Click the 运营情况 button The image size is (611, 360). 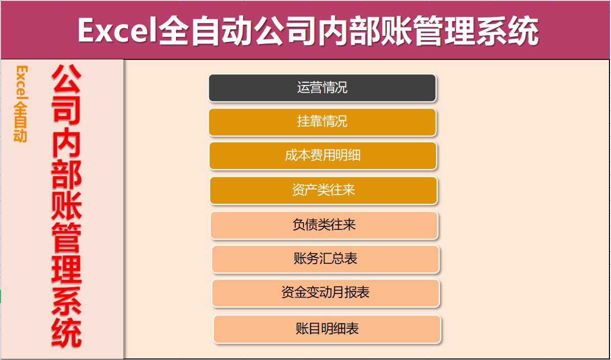point(322,88)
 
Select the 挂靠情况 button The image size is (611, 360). point(322,122)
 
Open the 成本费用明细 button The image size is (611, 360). point(322,156)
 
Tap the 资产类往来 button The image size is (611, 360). point(323,190)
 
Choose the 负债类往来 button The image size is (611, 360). point(324,225)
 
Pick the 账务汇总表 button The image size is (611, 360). point(325,259)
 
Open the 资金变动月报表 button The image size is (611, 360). point(325,293)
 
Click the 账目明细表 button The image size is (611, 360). point(327,329)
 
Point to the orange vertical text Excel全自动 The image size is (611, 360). point(21,103)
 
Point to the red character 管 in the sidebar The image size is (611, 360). point(67,237)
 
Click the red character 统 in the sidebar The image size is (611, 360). point(67,333)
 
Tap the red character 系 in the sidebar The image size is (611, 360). point(67,301)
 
